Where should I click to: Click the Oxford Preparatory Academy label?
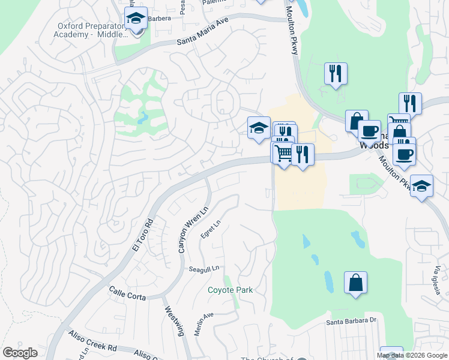click(92, 30)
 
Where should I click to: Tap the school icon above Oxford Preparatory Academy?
click(136, 19)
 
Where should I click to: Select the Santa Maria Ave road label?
click(203, 33)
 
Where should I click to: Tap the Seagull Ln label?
click(205, 268)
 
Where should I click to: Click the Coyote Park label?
click(230, 290)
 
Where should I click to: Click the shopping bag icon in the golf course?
click(355, 283)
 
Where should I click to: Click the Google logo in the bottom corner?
click(20, 353)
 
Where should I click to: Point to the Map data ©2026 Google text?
click(412, 355)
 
